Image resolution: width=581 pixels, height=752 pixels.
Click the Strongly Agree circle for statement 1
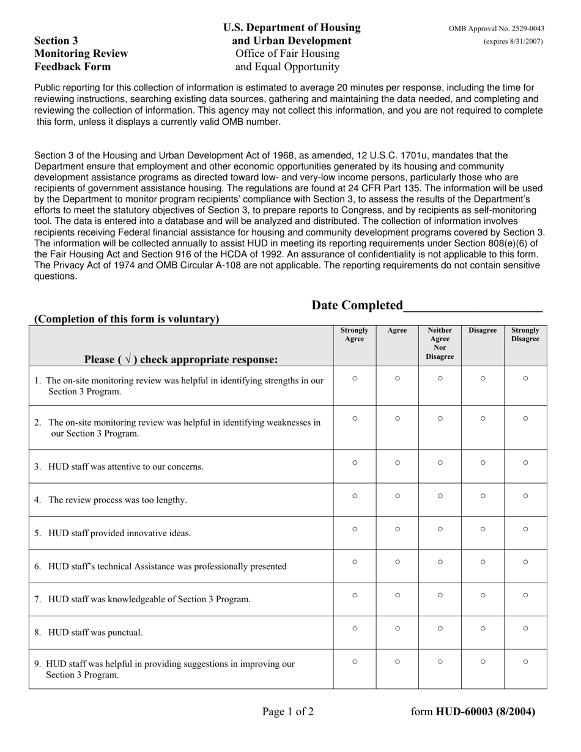[x=355, y=378]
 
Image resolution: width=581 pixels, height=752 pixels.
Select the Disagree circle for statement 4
[x=483, y=496]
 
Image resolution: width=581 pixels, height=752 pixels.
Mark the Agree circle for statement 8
[x=397, y=628]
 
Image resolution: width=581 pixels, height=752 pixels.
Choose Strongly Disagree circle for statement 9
[x=525, y=661]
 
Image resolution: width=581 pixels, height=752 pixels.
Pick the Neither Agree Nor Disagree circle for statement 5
[x=440, y=529]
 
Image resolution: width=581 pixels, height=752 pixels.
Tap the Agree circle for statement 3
[x=397, y=463]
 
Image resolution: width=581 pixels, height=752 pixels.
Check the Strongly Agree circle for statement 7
[x=355, y=595]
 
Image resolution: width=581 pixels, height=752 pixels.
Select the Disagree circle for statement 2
[x=483, y=419]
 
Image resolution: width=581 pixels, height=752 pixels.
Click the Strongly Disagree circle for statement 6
[x=525, y=562]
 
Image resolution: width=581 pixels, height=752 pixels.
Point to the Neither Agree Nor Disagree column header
[x=440, y=343]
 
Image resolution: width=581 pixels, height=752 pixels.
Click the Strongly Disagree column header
[x=525, y=334]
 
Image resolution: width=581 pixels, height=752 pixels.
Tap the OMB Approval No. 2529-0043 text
[x=496, y=29]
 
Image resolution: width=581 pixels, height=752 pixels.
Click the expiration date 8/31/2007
[x=513, y=42]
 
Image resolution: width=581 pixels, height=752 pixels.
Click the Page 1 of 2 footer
[x=288, y=711]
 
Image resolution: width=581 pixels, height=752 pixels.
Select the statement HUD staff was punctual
[x=95, y=632]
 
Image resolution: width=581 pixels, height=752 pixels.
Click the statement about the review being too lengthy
[x=117, y=500]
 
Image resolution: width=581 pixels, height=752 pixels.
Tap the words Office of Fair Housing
[x=287, y=54]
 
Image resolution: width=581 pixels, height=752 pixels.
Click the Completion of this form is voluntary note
[x=127, y=319]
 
